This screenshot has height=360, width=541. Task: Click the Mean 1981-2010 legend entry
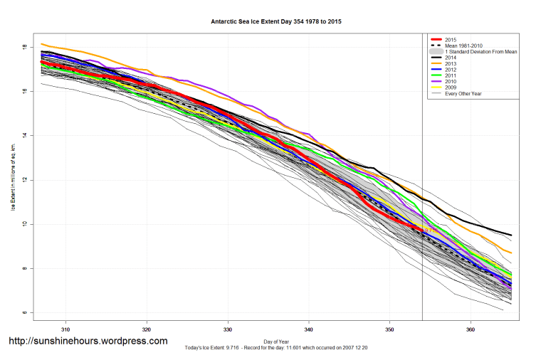[x=463, y=46]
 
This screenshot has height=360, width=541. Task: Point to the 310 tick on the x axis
[x=65, y=329]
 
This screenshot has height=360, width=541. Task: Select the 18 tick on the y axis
[x=24, y=47]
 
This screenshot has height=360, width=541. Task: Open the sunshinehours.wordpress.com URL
[x=88, y=342]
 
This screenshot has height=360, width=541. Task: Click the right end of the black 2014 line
[x=510, y=235]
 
